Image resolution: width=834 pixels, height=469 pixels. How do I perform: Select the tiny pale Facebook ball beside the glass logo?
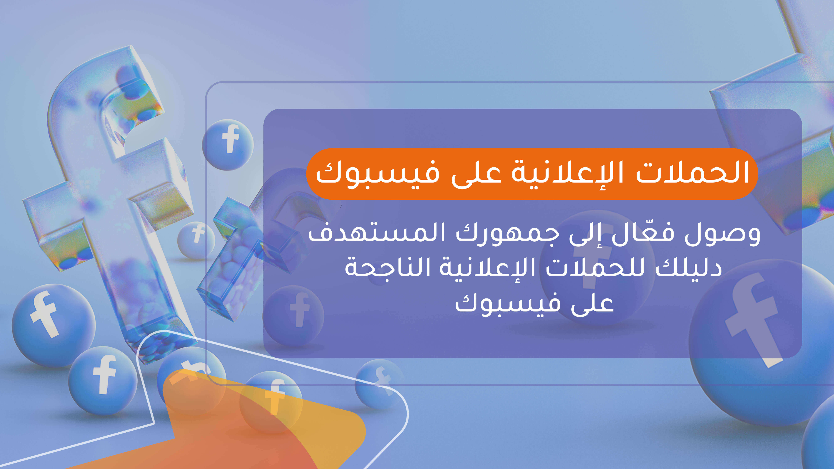(196, 240)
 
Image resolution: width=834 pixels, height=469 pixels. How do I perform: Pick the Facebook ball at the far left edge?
(52, 324)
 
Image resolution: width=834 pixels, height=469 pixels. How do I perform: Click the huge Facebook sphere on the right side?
(758, 343)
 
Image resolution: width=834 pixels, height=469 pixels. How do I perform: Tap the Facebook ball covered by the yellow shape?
(271, 401)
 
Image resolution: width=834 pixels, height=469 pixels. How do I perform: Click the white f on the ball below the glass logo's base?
(104, 375)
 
